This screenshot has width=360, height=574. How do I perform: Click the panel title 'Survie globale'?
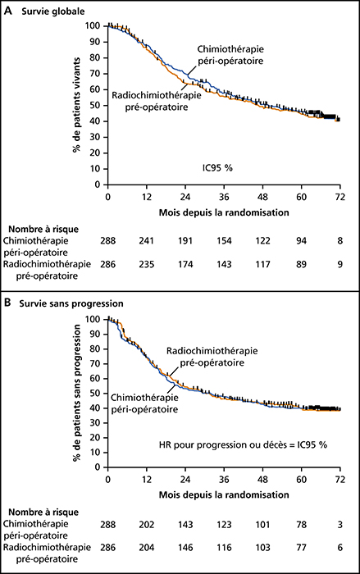tap(52, 11)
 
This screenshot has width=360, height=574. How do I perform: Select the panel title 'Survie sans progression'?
tap(72, 303)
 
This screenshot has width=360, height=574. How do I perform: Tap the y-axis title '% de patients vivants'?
tap(77, 105)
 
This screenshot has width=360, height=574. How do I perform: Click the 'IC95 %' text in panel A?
tap(218, 168)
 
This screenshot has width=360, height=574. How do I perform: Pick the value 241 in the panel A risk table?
tap(147, 241)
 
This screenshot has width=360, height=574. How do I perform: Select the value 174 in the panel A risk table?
tap(185, 264)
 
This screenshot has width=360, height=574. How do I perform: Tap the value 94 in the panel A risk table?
tap(302, 241)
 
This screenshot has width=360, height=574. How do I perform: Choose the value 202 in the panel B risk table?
tap(147, 525)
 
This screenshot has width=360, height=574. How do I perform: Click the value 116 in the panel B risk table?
tap(224, 548)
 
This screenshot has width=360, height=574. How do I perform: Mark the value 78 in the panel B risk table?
tap(302, 525)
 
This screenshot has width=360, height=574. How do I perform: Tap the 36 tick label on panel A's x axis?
tap(224, 197)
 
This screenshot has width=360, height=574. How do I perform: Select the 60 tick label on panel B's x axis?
tap(302, 479)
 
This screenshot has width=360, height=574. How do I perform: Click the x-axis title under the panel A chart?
tap(224, 212)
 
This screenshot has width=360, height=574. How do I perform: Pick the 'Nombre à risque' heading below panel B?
tap(43, 512)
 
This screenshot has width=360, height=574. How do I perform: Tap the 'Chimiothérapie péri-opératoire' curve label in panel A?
tap(230, 55)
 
